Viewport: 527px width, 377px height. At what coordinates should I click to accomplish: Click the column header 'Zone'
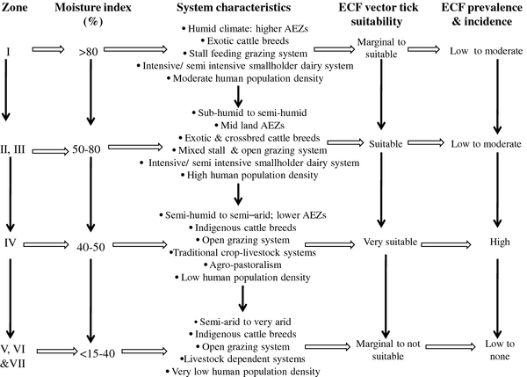(x=14, y=7)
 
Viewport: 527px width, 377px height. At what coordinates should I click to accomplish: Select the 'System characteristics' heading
(x=234, y=7)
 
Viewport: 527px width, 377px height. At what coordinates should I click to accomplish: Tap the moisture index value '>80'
(x=89, y=52)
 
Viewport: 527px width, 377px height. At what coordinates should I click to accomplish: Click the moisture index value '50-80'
(x=86, y=149)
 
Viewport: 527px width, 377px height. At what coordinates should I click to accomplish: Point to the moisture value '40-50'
(x=90, y=247)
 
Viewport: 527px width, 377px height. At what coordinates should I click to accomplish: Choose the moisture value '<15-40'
(x=97, y=353)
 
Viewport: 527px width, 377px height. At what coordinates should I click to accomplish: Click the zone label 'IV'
(x=10, y=243)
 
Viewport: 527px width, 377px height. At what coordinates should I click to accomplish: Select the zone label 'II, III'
(x=13, y=149)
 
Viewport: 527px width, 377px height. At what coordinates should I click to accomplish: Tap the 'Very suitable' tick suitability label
(x=390, y=242)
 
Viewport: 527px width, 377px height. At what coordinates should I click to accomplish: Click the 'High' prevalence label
(x=500, y=242)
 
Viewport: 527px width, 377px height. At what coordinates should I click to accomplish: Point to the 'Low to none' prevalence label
(x=500, y=350)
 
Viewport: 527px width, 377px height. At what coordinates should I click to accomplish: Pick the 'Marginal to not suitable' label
(x=388, y=350)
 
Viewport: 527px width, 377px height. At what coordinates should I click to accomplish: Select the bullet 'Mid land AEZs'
(x=249, y=126)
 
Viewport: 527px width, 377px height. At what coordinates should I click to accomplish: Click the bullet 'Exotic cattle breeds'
(x=245, y=41)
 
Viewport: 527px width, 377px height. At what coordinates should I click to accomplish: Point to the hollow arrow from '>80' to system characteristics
(x=135, y=49)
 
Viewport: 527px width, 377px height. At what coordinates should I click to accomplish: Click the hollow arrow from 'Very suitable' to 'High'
(x=446, y=244)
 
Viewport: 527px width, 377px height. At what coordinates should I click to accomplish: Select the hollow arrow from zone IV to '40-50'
(x=46, y=245)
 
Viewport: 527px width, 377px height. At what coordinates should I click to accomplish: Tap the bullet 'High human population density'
(x=249, y=175)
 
